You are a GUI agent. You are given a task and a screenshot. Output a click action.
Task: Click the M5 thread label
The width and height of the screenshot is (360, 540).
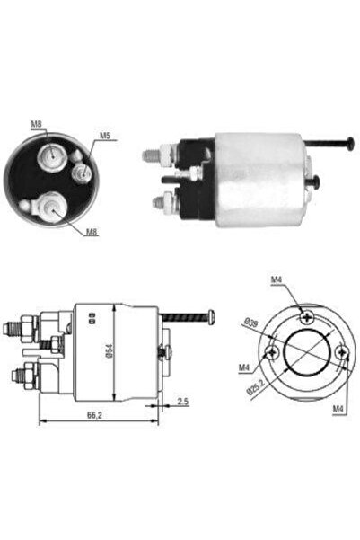[x=105, y=136]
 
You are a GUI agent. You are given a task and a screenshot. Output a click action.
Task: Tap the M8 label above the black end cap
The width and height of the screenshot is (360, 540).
[x=36, y=124]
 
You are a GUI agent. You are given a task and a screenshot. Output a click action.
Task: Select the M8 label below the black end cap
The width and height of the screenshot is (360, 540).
[x=92, y=232]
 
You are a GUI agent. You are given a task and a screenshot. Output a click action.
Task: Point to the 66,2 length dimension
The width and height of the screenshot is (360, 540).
[x=94, y=415]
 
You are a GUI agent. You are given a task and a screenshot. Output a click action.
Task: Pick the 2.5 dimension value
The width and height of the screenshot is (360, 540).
[x=183, y=402]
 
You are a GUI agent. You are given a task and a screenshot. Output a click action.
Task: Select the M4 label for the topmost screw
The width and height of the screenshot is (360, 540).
[x=276, y=280]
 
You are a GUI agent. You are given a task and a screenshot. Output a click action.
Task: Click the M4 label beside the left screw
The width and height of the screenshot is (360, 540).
[x=244, y=368]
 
